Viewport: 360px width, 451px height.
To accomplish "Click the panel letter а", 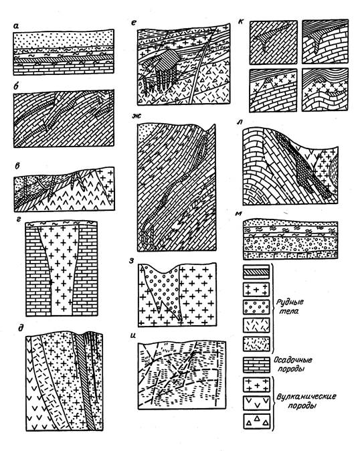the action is tap(16, 26).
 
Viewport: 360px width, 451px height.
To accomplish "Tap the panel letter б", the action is tap(17, 86).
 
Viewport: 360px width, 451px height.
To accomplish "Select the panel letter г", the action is tap(19, 220).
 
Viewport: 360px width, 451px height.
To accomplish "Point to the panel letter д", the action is tap(20, 328).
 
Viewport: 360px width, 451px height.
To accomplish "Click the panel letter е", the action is tap(133, 22).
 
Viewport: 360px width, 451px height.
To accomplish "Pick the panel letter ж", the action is tap(135, 116).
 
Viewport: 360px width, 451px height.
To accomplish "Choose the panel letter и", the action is tap(132, 335).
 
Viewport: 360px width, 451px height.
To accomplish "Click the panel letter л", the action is tap(240, 122).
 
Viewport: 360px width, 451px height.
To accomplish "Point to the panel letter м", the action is tap(238, 213).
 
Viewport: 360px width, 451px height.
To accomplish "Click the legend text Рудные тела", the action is tap(289, 306).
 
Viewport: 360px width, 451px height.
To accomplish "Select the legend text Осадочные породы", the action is tap(292, 364).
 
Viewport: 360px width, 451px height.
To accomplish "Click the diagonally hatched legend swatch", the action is tap(256, 272).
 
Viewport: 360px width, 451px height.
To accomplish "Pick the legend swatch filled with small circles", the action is tap(256, 308).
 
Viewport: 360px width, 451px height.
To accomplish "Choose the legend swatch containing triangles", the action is tap(257, 422).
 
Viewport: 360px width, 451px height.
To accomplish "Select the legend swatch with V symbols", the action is tap(257, 403).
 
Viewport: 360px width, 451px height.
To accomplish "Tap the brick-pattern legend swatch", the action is tap(257, 365).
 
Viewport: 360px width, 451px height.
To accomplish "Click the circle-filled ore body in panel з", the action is tap(164, 290).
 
